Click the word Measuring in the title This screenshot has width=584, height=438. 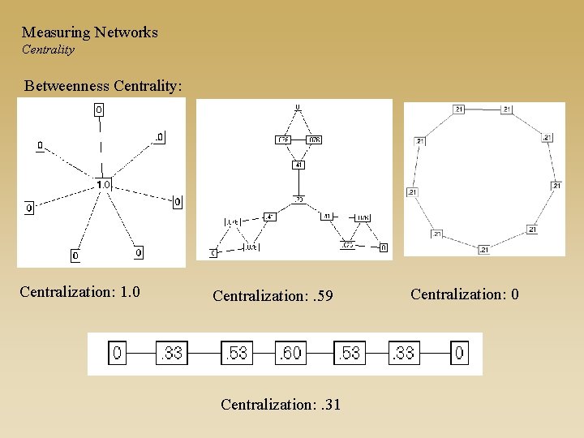pyautogui.click(x=56, y=32)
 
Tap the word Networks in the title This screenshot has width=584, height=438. pyautogui.click(x=126, y=32)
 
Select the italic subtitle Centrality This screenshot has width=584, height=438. pyautogui.click(x=48, y=49)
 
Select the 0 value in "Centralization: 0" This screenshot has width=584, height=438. pyautogui.click(x=514, y=294)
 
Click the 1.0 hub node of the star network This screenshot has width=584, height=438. pyautogui.click(x=103, y=184)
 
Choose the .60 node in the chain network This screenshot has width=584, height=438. pyautogui.click(x=291, y=354)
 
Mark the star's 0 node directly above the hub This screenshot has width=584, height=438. pyautogui.click(x=99, y=109)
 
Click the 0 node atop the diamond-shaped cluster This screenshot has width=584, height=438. pyautogui.click(x=298, y=106)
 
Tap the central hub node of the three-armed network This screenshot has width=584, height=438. pyautogui.click(x=298, y=199)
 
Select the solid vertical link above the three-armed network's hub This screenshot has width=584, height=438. pyautogui.click(x=298, y=182)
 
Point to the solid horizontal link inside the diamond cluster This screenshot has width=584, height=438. pyautogui.click(x=298, y=140)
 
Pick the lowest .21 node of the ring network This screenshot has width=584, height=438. pyautogui.click(x=483, y=249)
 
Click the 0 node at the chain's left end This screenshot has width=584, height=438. pyautogui.click(x=118, y=354)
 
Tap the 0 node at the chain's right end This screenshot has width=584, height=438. pyautogui.click(x=459, y=354)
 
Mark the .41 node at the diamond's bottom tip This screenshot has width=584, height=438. pyautogui.click(x=298, y=165)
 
